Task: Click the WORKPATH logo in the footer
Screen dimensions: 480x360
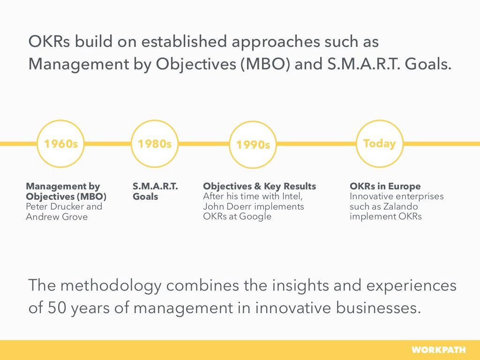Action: pyautogui.click(x=438, y=350)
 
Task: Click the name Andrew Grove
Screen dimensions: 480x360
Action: pyautogui.click(x=57, y=217)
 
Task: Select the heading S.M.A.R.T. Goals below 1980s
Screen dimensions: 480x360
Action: pyautogui.click(x=155, y=191)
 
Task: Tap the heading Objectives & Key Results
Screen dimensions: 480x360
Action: pyautogui.click(x=260, y=186)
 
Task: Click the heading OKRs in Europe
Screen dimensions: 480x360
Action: pyautogui.click(x=385, y=186)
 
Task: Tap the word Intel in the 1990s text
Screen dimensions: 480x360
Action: pyautogui.click(x=292, y=196)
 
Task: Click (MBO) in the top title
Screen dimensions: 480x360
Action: pyautogui.click(x=265, y=64)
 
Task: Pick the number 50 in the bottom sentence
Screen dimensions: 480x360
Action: pyautogui.click(x=57, y=307)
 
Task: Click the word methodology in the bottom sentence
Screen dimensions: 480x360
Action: pyautogui.click(x=111, y=286)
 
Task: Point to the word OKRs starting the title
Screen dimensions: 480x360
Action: pyautogui.click(x=49, y=42)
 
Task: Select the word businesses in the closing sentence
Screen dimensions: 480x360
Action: pyautogui.click(x=378, y=307)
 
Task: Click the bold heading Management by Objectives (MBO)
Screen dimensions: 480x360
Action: pyautogui.click(x=66, y=191)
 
